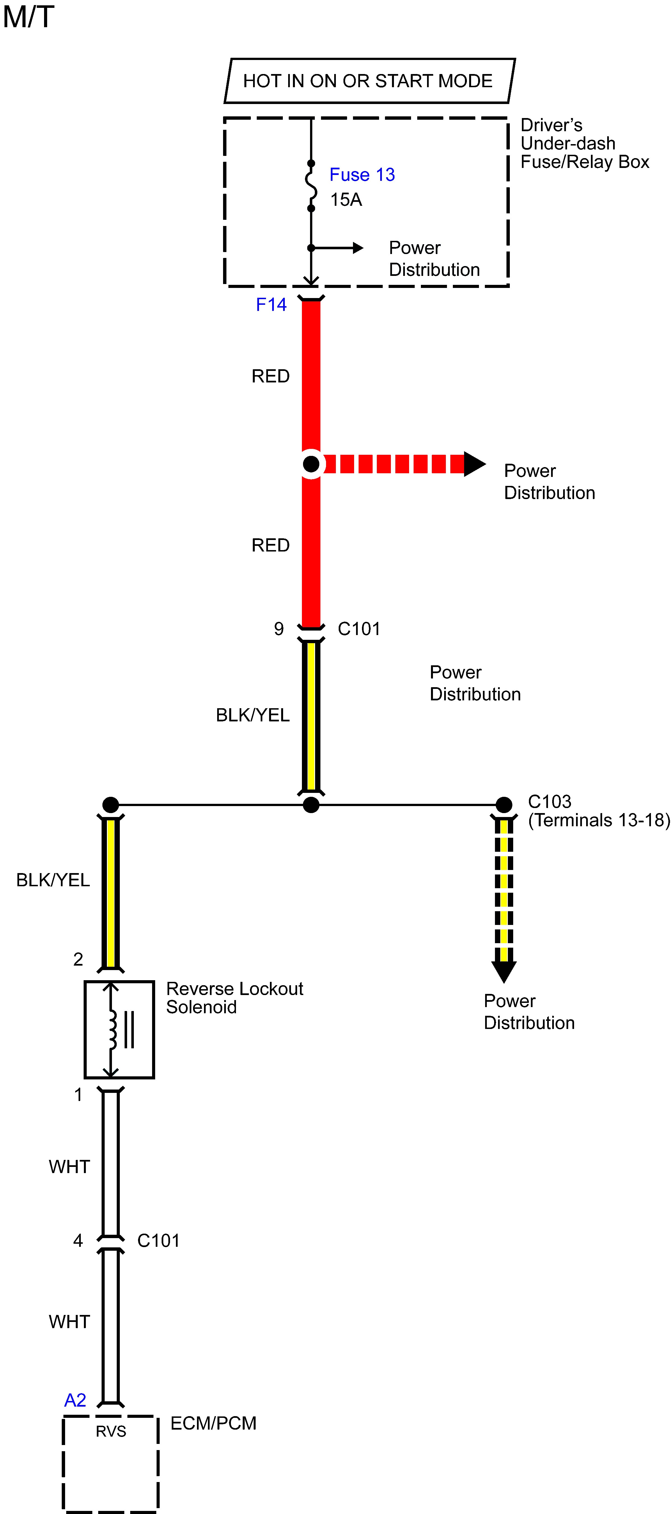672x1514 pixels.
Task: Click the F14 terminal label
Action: point(271,304)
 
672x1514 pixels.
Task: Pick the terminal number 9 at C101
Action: point(279,629)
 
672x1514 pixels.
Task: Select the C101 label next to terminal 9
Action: point(359,629)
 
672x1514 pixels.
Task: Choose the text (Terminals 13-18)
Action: point(598,820)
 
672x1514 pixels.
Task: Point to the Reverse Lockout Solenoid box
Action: point(119,1030)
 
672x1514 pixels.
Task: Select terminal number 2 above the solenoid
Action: point(78,959)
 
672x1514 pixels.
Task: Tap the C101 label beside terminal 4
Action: point(158,1241)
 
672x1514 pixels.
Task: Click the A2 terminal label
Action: point(75,1400)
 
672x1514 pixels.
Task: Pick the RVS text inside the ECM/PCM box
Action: point(111,1432)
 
